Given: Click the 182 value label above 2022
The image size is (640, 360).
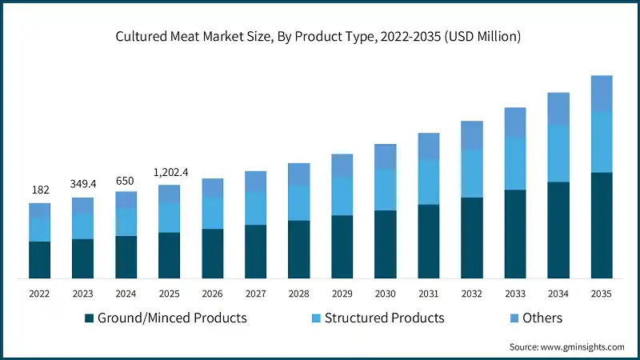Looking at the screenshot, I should pos(40,190).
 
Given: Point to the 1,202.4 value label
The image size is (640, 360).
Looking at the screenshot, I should pos(169,172).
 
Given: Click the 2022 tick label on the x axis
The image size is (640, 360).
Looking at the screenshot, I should pos(40,294).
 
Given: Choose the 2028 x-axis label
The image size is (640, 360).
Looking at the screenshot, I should pos(298,294).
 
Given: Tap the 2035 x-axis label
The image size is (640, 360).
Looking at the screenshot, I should pos(600,294).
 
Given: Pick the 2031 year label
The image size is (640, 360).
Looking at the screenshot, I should pos(428,294).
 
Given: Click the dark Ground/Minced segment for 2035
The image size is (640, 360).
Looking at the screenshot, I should pos(601,226).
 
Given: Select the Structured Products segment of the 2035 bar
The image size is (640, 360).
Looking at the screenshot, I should pos(601,142).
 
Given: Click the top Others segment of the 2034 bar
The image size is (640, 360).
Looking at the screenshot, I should pos(558,109).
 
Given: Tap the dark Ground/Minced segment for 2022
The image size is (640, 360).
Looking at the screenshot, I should pos(40,260).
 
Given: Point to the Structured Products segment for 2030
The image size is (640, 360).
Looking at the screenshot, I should pos(385,190).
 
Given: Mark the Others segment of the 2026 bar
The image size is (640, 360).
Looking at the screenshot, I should pos(212,187).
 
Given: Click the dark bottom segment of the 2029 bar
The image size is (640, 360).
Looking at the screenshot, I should pos(342,247).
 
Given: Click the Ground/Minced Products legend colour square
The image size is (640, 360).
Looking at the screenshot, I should pos(89,318).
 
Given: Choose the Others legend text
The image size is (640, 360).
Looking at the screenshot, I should pos(542,318).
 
